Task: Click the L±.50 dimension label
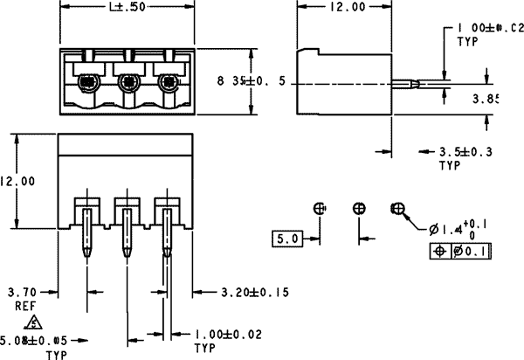point(126,8)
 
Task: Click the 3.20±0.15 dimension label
point(255,291)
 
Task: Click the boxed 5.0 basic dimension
point(287,238)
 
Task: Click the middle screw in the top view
point(128,84)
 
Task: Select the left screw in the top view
point(87,84)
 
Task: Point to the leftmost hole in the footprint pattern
point(320,208)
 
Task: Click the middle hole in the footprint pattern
point(359,208)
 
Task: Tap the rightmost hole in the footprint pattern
point(397,209)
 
